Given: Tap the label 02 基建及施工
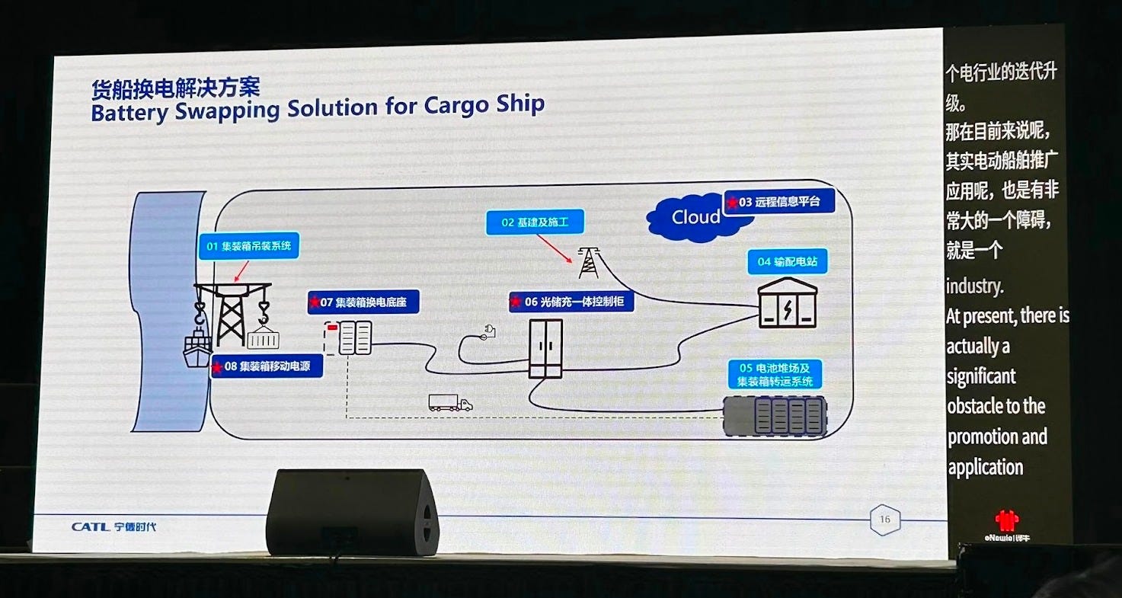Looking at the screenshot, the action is pos(535,222).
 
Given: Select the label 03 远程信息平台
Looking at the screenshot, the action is pos(778,202).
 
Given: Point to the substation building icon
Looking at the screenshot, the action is pos(788,304).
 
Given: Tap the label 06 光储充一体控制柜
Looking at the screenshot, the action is pos(571,302).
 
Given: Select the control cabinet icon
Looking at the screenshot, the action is pos(546,348).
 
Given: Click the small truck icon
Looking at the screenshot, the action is pos(450,403).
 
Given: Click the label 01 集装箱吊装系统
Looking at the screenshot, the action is pos(248,246).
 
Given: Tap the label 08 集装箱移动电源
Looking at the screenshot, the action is pos(266,367).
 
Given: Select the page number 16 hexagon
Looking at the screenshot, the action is pos(884,520).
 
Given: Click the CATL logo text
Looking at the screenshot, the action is pos(91,527).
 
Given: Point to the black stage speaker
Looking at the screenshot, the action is pos(352,511).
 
